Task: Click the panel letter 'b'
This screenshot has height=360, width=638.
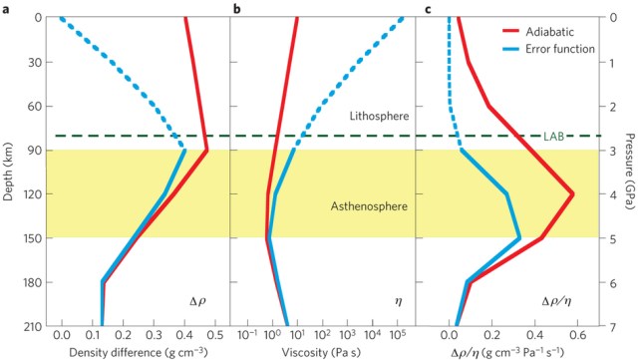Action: [x=236, y=10]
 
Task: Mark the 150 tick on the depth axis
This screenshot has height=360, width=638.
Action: [x=29, y=238]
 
